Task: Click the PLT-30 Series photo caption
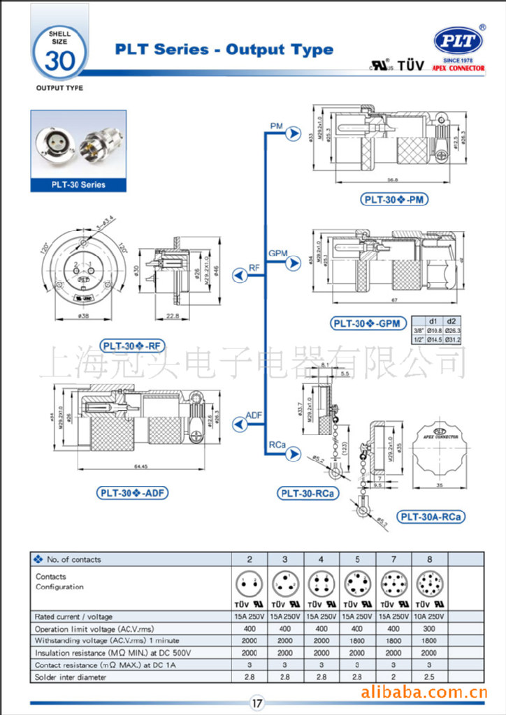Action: click(78, 184)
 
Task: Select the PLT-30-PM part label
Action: click(395, 200)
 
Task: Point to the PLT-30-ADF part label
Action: click(132, 492)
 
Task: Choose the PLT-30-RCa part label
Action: click(308, 494)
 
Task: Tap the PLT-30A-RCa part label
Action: click(431, 517)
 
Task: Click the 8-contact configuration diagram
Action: click(428, 582)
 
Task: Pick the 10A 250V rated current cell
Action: click(428, 617)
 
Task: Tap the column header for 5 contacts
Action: click(357, 559)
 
